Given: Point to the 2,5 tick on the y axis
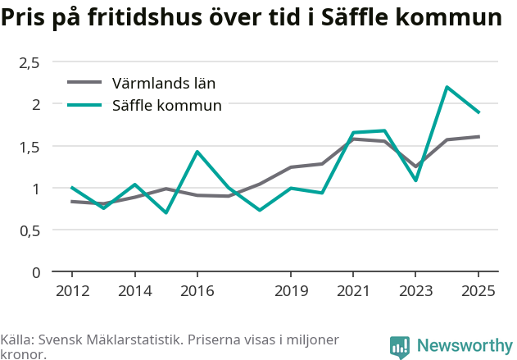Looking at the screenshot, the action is [x=29, y=62].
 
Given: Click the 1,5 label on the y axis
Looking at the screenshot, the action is [x=29, y=147].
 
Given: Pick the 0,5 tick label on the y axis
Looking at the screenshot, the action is [x=29, y=231].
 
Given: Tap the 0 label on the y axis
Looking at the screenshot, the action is [x=36, y=273].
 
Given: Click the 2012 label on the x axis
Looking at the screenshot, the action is [x=73, y=291].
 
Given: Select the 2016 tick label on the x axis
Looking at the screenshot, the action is [x=197, y=291].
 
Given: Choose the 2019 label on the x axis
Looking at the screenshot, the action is [x=291, y=291].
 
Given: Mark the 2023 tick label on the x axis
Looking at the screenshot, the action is [x=415, y=291].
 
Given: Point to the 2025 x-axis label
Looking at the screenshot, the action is [x=478, y=291].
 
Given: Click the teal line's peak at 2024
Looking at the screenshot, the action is [x=447, y=87].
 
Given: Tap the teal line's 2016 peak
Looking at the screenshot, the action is [x=197, y=152].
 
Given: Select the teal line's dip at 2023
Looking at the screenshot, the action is [x=415, y=180].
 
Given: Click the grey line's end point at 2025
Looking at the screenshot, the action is [x=478, y=136].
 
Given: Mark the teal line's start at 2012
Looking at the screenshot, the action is [x=72, y=188].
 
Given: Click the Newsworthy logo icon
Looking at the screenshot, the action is [x=400, y=347].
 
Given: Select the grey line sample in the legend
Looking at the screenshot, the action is [x=84, y=82].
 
